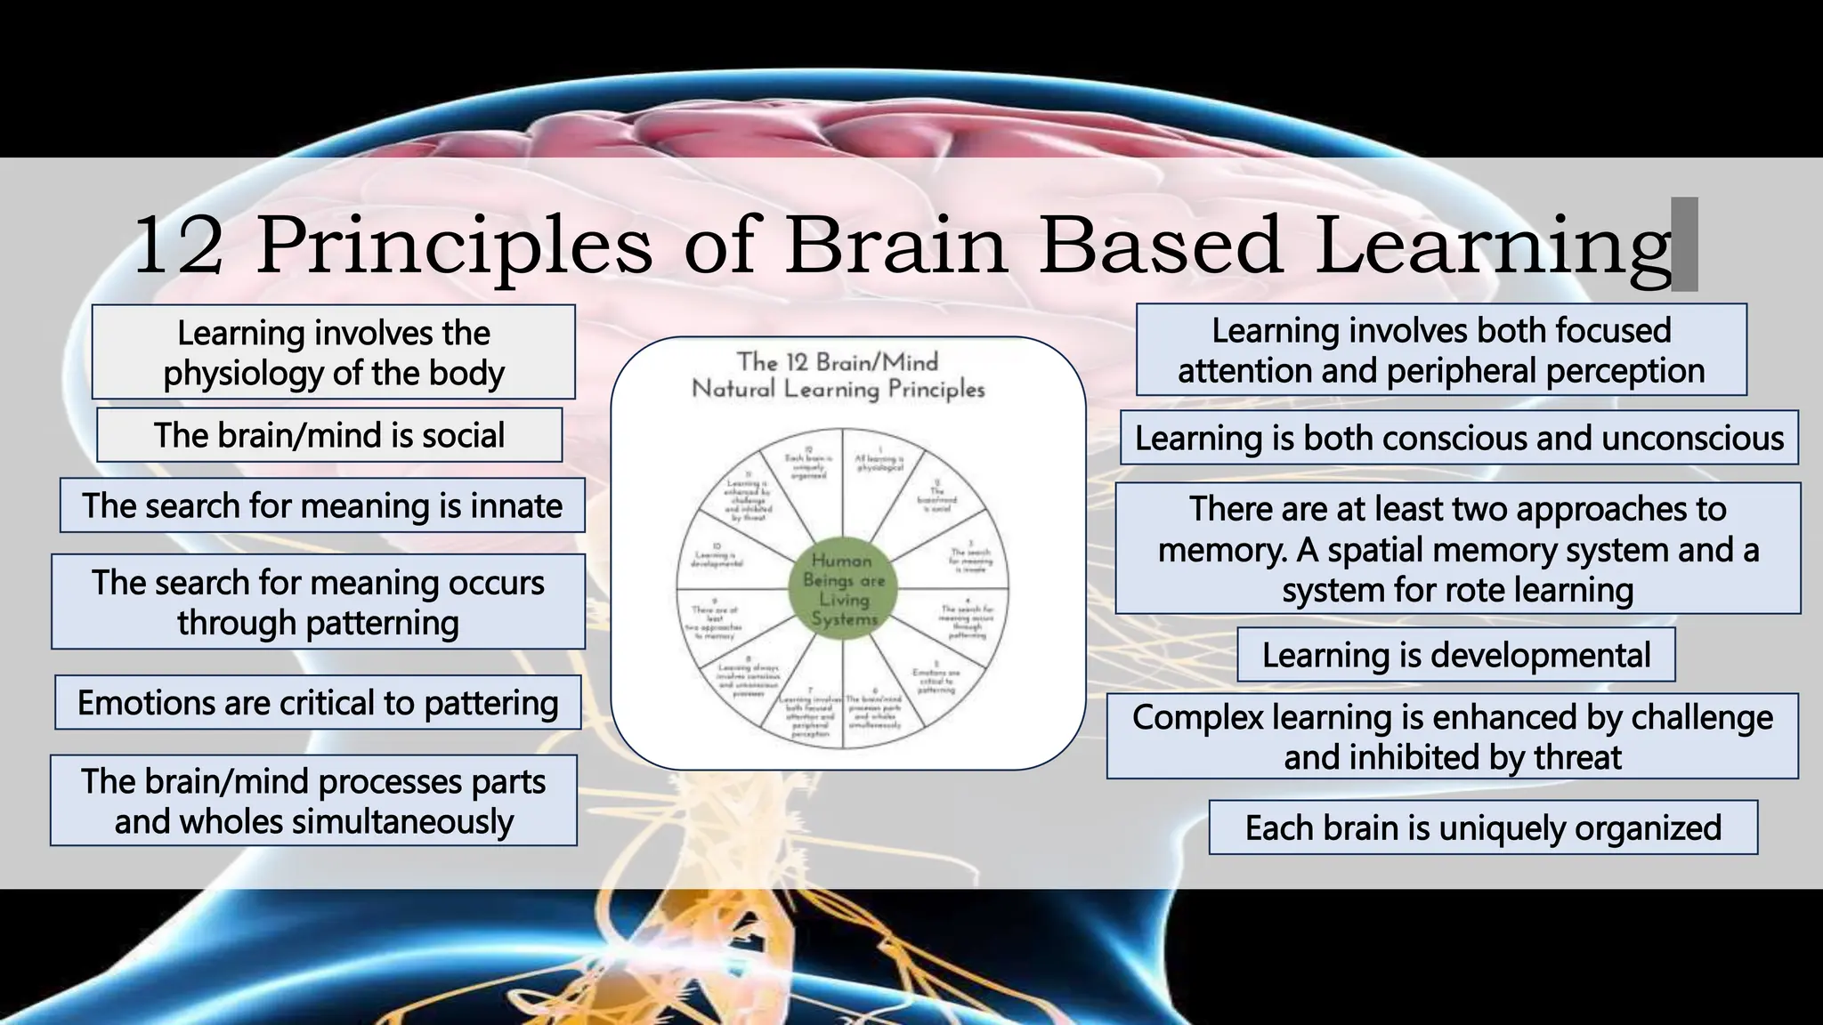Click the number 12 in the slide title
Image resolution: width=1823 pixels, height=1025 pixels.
pos(178,246)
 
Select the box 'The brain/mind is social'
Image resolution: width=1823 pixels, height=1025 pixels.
pos(329,435)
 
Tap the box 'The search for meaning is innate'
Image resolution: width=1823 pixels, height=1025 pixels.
pos(322,505)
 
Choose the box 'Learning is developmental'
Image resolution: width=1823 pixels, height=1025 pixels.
pos(1456,655)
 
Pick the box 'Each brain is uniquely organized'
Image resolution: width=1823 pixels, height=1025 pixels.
pos(1483,827)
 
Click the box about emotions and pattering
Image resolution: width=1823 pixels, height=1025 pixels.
pos(318,703)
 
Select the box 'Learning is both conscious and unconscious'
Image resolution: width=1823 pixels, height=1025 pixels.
pos(1459,438)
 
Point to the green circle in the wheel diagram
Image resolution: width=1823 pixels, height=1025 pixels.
pos(843,589)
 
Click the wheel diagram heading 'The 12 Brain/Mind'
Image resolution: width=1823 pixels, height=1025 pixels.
pos(838,362)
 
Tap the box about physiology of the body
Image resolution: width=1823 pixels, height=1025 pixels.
pos(334,352)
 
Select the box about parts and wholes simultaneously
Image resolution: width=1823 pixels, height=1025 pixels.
pos(313,801)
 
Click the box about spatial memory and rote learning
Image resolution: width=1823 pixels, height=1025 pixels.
pos(1458,549)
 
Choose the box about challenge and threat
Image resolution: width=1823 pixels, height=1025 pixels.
pos(1453,737)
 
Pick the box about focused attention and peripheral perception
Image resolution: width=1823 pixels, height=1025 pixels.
pos(1441,350)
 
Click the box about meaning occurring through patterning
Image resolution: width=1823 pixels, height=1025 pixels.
pos(318,602)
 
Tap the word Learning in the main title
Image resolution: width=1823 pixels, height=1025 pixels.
pos(1493,246)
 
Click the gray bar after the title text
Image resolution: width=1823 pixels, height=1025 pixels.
pos(1685,245)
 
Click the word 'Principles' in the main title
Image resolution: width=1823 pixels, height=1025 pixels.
pos(454,246)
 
